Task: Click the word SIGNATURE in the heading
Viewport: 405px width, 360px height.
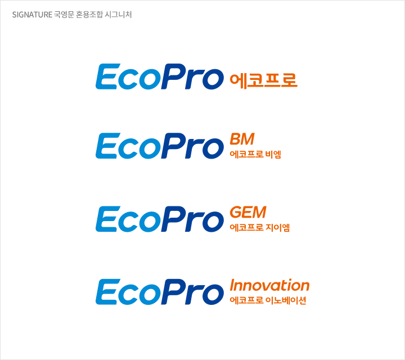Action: (31, 15)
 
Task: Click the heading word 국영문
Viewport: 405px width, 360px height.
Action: (65, 15)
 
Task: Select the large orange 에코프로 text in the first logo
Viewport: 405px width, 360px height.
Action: (263, 80)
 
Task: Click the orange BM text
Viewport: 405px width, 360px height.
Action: (242, 139)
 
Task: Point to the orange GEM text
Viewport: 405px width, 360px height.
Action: (247, 213)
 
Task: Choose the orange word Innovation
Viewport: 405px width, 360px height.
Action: (269, 285)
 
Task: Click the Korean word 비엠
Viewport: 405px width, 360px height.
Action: (273, 154)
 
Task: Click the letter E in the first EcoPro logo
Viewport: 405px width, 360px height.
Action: (107, 76)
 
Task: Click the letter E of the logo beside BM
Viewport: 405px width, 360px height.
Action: (107, 146)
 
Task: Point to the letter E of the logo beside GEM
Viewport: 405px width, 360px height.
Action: (107, 219)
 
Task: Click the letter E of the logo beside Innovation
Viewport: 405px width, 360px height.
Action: (107, 292)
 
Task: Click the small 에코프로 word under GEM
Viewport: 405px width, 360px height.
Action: (246, 228)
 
